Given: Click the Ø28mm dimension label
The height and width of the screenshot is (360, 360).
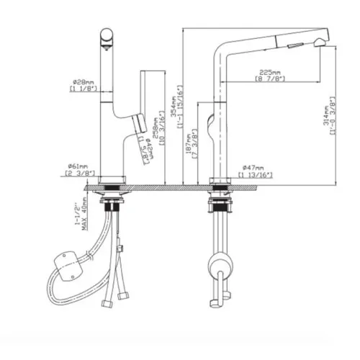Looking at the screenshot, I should tap(84, 82).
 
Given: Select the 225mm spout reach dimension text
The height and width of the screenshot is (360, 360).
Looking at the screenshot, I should tap(269, 72).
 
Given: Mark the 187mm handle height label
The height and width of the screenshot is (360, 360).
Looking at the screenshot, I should tap(188, 143).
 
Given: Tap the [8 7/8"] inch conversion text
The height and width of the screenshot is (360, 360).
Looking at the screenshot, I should tap(269, 80).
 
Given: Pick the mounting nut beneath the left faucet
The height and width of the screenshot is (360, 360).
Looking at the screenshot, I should tap(111, 204).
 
